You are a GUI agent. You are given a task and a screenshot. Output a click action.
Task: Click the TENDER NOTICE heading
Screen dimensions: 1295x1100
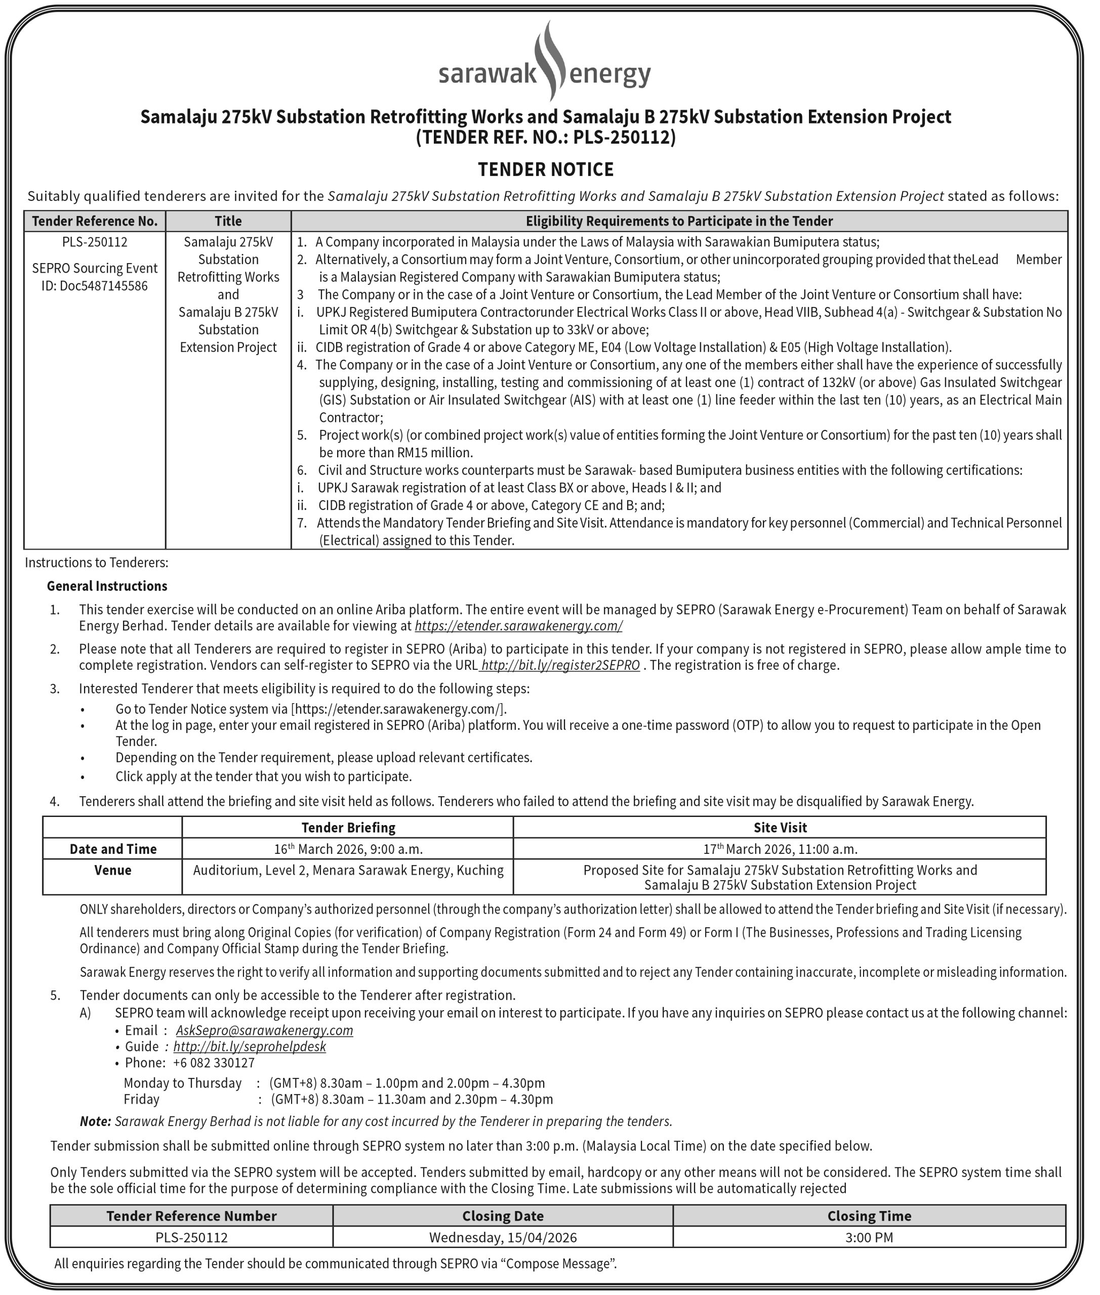tap(546, 169)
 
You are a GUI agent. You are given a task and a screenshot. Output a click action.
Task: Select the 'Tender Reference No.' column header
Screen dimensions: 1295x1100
tap(94, 221)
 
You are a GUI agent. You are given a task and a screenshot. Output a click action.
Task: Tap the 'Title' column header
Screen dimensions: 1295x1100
tap(228, 221)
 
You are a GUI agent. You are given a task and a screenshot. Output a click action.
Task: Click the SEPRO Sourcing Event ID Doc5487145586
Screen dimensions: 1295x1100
tap(95, 277)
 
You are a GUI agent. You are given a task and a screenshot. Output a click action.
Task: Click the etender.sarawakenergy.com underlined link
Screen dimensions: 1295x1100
tap(518, 626)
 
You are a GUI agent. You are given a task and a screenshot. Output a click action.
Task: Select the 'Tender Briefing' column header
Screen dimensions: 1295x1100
tap(348, 828)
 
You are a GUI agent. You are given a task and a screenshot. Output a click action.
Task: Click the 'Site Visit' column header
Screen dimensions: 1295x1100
tap(780, 828)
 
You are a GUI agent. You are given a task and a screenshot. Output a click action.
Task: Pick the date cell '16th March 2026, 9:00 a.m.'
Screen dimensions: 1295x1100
tap(348, 849)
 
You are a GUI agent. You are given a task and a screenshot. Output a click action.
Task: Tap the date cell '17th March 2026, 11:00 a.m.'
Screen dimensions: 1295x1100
tap(780, 849)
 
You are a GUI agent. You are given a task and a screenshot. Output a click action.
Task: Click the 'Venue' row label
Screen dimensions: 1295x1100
tap(113, 870)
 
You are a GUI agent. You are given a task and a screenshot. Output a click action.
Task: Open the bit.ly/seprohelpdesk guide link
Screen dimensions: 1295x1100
tap(250, 1046)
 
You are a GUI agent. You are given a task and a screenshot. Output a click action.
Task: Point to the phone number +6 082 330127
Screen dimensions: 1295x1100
tap(214, 1062)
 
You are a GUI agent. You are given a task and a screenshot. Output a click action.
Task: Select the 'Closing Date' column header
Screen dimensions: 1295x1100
tap(503, 1216)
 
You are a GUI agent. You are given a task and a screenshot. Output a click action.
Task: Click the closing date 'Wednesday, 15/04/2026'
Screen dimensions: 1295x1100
tap(503, 1237)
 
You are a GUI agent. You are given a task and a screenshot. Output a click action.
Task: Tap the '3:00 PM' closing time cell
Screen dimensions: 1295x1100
tap(869, 1237)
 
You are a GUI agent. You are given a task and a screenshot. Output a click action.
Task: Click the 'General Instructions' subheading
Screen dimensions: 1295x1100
tap(107, 586)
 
